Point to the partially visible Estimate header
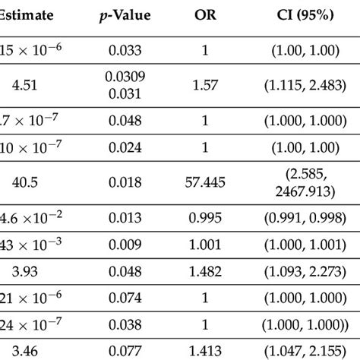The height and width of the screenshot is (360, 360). [x=27, y=14]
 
